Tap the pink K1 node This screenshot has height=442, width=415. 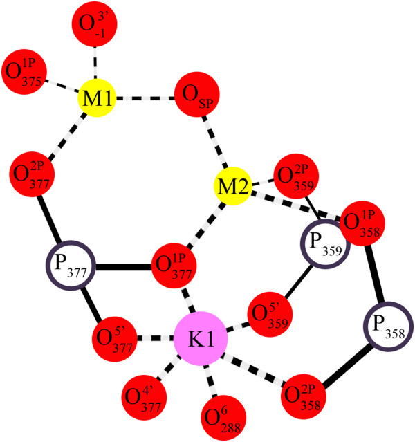pos(201,339)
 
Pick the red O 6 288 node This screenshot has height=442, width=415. pos(221,417)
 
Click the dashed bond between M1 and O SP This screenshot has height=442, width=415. pos(145,98)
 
